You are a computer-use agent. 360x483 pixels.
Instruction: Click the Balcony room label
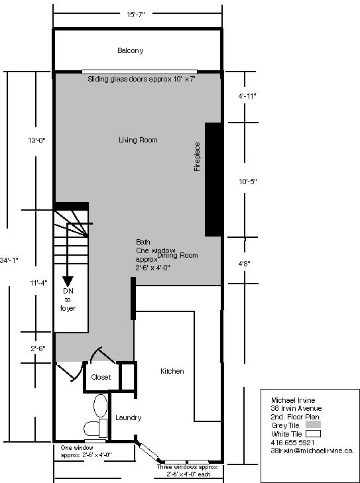coord(130,50)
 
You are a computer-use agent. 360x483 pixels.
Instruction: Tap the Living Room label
coord(138,140)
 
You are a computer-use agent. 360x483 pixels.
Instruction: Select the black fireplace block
coord(212,179)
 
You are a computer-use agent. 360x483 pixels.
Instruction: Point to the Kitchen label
coord(172,371)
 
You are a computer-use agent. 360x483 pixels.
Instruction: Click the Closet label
coord(101,377)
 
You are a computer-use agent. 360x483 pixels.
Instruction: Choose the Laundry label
coord(129,417)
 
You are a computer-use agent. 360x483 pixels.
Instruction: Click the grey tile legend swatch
coord(312,425)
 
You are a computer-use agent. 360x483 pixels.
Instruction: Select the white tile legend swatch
coord(312,433)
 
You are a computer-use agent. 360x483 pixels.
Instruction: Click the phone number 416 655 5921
coord(292,442)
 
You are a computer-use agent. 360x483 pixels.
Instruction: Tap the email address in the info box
coord(311,451)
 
